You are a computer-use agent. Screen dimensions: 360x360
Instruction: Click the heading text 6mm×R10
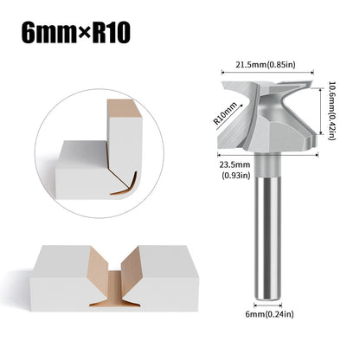pyautogui.click(x=76, y=33)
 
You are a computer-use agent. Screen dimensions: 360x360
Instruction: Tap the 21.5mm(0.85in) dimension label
pyautogui.click(x=266, y=65)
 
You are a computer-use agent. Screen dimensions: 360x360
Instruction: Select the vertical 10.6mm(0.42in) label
pyautogui.click(x=332, y=111)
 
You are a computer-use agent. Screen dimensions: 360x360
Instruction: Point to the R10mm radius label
pyautogui.click(x=225, y=113)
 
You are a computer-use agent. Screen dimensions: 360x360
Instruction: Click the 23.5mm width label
pyautogui.click(x=235, y=164)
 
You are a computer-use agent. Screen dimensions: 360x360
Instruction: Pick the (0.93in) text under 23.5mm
pyautogui.click(x=235, y=175)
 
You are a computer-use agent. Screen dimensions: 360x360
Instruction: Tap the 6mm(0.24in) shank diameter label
pyautogui.click(x=269, y=314)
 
